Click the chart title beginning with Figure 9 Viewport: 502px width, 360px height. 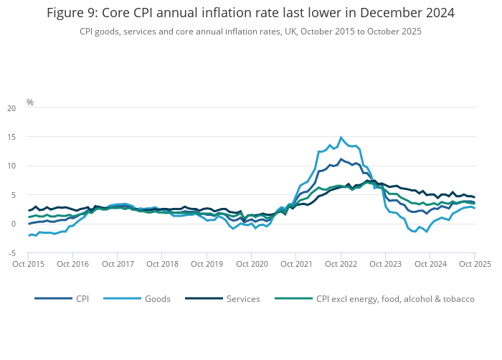[x=250, y=13]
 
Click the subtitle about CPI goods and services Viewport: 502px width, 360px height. [x=250, y=32]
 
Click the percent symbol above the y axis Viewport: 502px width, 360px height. [x=30, y=102]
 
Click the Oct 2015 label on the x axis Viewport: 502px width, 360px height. [x=29, y=264]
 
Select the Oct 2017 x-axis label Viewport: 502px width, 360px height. [x=118, y=264]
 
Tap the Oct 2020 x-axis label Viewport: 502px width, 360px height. [x=252, y=264]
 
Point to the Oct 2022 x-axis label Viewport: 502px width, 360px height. [x=341, y=264]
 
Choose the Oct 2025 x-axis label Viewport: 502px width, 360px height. [x=473, y=264]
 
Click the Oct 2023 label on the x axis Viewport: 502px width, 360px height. [x=385, y=264]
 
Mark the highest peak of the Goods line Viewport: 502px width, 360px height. [x=341, y=137]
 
